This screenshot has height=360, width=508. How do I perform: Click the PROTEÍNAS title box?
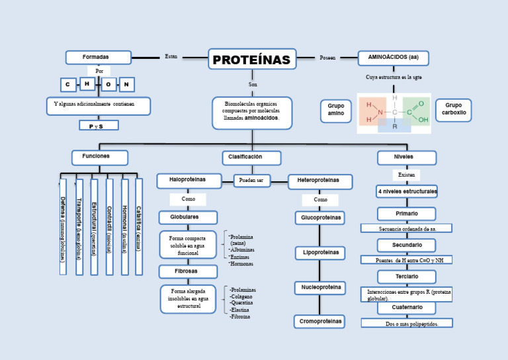251,60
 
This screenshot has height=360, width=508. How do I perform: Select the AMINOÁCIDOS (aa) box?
393,58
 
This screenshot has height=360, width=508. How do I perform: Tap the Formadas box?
98,58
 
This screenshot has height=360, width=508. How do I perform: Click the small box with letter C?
67,85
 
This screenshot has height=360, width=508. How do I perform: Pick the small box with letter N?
126,85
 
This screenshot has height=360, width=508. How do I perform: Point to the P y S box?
99,125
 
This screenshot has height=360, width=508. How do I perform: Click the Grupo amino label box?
336,111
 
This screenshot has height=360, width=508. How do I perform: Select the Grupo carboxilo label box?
453,110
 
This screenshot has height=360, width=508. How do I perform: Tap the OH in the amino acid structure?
423,120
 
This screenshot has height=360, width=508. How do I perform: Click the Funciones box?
99,157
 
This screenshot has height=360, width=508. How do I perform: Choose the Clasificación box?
251,157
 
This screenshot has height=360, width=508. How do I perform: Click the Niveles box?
406,157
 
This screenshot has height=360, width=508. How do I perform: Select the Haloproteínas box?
189,180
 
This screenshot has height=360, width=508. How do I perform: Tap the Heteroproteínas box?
320,181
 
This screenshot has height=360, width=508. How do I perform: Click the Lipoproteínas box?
319,253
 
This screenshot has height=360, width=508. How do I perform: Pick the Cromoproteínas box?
319,322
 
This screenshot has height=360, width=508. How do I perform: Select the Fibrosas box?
188,271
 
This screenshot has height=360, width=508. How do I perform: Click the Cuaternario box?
406,308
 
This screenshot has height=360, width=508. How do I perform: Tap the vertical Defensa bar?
63,226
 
